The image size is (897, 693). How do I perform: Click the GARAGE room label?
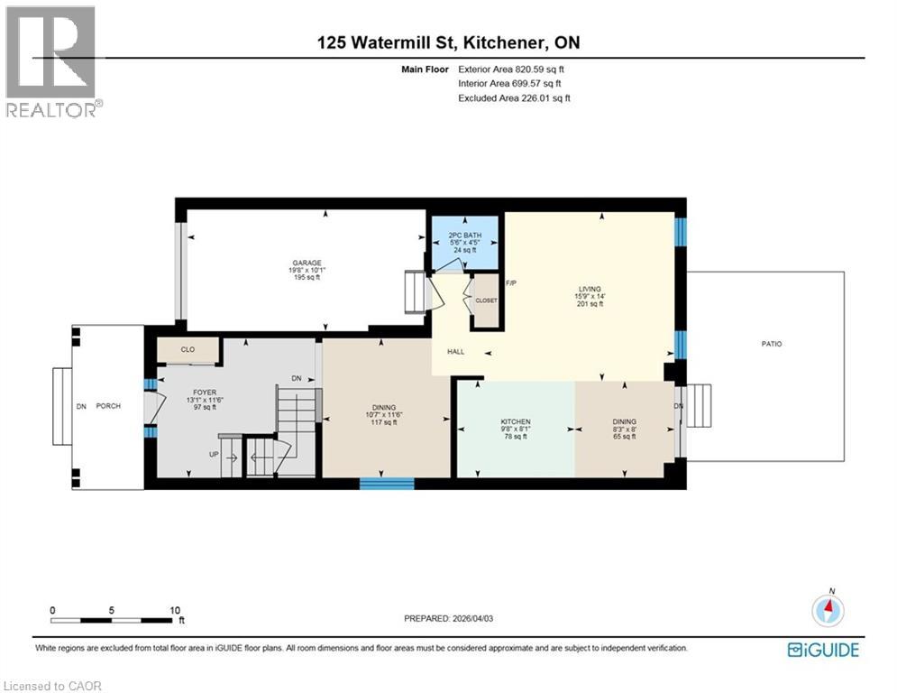(x=306, y=263)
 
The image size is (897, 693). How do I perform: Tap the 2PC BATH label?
(x=465, y=236)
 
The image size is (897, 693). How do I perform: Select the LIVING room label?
(x=590, y=291)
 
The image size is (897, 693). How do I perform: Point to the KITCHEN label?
(x=515, y=421)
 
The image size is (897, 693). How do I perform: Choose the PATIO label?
(x=771, y=344)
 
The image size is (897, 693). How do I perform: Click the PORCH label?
(x=109, y=406)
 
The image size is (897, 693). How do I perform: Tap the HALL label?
(x=455, y=351)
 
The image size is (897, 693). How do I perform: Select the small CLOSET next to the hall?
(x=486, y=300)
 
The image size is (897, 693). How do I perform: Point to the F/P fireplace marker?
(x=510, y=283)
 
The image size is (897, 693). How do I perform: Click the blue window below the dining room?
(x=387, y=484)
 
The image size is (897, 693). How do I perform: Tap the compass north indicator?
(x=828, y=609)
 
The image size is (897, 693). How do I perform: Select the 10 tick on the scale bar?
(x=175, y=610)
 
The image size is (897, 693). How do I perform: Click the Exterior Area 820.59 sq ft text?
(x=513, y=69)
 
